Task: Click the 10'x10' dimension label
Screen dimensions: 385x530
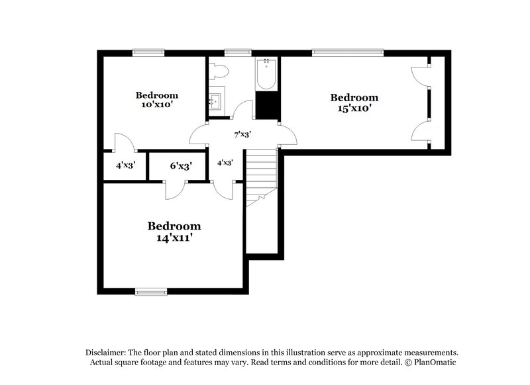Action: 158,105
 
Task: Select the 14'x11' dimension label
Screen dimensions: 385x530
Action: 174,237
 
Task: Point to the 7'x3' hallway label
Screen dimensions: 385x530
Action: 242,134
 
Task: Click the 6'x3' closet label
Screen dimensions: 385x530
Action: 180,166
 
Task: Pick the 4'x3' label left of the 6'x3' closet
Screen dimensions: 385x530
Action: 125,165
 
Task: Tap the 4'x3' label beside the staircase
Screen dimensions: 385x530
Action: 225,162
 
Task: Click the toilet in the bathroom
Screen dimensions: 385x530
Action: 219,71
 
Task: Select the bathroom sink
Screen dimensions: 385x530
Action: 215,101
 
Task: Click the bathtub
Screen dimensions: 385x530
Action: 267,74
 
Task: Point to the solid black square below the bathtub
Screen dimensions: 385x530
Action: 267,105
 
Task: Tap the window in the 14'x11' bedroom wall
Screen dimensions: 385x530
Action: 151,290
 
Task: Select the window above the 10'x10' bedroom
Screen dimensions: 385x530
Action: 148,53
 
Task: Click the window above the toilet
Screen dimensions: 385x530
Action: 237,53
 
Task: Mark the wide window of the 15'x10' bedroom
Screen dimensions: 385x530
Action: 348,53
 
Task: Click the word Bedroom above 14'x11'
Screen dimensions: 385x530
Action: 174,226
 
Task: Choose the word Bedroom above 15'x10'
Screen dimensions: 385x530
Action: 354,97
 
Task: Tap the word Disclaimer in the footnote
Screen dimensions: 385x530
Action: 108,353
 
